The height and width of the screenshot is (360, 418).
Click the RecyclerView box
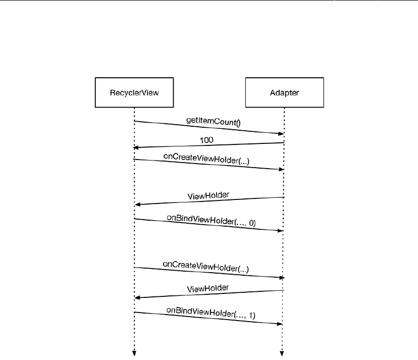pyautogui.click(x=134, y=92)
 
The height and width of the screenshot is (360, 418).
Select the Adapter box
pyautogui.click(x=284, y=92)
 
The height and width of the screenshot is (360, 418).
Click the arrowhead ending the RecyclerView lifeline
pyautogui.click(x=134, y=353)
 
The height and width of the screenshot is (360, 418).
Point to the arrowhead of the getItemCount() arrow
pyautogui.click(x=281, y=133)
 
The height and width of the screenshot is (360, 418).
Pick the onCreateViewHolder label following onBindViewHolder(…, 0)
pyautogui.click(x=206, y=266)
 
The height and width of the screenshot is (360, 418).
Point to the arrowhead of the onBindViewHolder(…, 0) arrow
pyautogui.click(x=280, y=230)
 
